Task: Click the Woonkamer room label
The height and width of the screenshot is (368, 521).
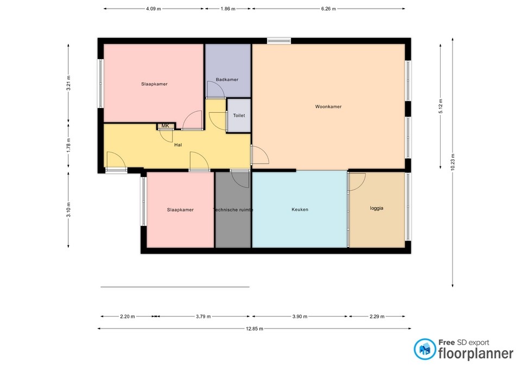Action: (x=328, y=107)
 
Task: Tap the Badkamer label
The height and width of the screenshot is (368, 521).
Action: (x=227, y=80)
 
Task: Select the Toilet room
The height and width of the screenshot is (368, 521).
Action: (x=239, y=115)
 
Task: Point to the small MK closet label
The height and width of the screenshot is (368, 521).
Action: (x=166, y=126)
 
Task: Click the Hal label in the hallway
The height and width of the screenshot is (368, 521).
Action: (x=177, y=145)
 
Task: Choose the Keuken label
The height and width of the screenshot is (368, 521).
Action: (x=300, y=209)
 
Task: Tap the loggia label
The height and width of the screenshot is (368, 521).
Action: (x=377, y=208)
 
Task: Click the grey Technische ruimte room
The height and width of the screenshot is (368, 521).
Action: (x=233, y=210)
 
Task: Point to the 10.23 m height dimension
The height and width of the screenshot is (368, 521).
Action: (x=453, y=162)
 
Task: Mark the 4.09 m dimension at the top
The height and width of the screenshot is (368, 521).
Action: (x=154, y=9)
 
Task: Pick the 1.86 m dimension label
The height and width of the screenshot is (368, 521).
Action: (x=228, y=9)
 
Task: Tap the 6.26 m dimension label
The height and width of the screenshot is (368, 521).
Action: (x=328, y=9)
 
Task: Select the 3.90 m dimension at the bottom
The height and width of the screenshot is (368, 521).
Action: (x=300, y=317)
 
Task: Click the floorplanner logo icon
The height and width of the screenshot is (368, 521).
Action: (x=424, y=350)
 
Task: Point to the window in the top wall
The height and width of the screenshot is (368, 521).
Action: (x=278, y=40)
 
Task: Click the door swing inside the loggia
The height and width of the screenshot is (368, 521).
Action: (x=357, y=182)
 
